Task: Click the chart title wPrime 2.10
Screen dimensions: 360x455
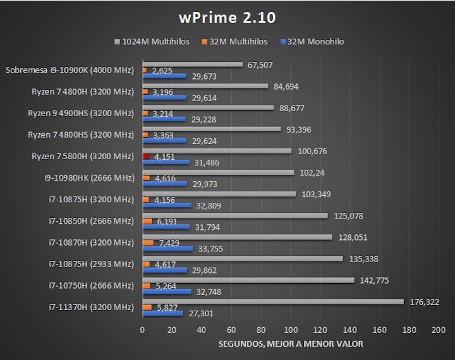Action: [227, 17]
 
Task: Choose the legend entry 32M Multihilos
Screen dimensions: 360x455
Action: [234, 42]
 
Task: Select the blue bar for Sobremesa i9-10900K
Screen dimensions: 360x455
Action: [164, 76]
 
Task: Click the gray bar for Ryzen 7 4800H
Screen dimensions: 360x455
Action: [205, 86]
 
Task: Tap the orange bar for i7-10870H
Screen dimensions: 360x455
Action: [148, 243]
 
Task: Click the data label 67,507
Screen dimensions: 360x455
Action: [260, 64]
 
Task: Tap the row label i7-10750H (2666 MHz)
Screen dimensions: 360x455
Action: [92, 285]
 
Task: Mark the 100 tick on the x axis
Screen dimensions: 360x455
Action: [291, 330]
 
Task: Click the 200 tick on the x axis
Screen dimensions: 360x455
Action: [439, 330]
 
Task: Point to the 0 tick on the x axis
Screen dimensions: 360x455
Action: [142, 330]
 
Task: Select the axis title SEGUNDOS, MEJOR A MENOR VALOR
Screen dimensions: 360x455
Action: [291, 345]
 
